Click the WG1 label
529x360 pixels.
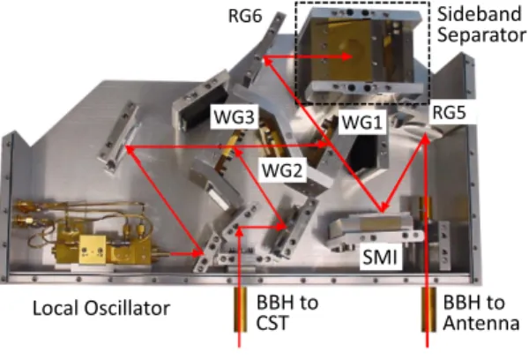click(x=362, y=123)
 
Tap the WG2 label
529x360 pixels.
click(x=282, y=170)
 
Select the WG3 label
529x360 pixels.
click(x=235, y=116)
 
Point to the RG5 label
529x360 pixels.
click(x=450, y=112)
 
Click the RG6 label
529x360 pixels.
click(x=245, y=16)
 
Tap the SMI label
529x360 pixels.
click(x=380, y=258)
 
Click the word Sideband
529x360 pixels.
click(x=480, y=14)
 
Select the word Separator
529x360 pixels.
click(x=481, y=35)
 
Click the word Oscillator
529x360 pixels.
click(x=127, y=308)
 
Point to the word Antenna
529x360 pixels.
click(x=481, y=323)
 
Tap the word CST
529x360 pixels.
click(x=272, y=323)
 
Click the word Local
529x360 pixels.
click(x=56, y=308)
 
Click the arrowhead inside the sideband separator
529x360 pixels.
click(x=347, y=56)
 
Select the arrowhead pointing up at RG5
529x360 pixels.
click(x=426, y=139)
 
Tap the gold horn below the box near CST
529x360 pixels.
click(x=240, y=310)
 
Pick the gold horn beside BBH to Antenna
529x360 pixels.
click(x=428, y=310)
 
